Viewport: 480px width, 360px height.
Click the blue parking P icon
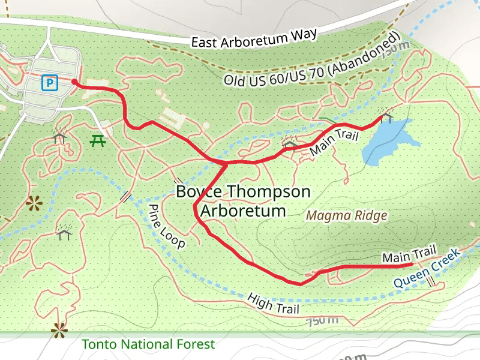(50, 82)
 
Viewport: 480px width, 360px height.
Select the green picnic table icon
(98, 142)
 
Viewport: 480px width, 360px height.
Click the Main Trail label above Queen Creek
(408, 254)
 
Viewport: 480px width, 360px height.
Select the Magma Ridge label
(346, 215)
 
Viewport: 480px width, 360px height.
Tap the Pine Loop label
(167, 226)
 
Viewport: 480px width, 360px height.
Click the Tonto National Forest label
(148, 344)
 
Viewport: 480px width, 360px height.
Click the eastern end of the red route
(410, 264)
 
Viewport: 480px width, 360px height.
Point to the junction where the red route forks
(226, 163)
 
